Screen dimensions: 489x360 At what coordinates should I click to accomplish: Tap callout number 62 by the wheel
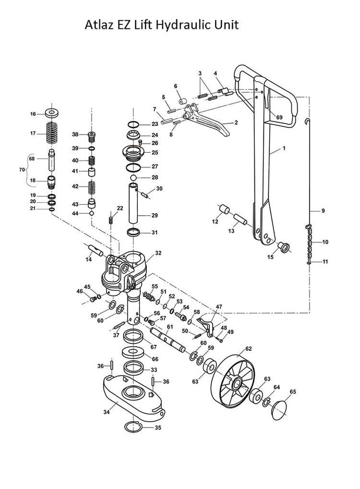tap(249, 348)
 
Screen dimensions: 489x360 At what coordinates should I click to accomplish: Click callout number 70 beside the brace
tap(21, 170)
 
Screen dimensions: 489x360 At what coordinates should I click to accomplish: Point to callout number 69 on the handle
tap(279, 117)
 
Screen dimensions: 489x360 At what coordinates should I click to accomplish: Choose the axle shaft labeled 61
tap(168, 339)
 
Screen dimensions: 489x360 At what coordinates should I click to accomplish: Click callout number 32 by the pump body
tap(158, 253)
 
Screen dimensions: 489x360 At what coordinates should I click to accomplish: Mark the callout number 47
tap(219, 306)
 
